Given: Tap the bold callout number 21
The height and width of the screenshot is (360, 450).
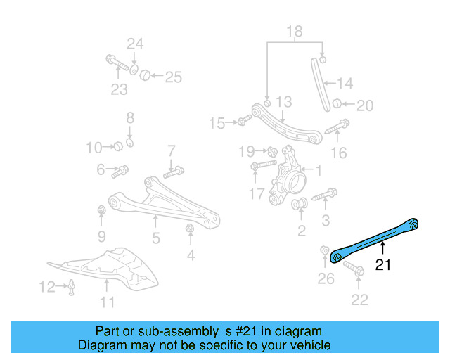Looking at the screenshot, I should (382, 265).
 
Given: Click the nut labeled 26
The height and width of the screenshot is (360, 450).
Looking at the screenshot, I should (325, 251).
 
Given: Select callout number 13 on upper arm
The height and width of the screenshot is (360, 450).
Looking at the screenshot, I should (283, 103).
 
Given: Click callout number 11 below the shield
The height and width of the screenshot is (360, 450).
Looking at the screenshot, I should (107, 302).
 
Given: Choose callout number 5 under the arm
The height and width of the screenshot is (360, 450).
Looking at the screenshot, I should (156, 238).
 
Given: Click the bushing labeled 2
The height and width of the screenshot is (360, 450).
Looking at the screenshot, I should (298, 205).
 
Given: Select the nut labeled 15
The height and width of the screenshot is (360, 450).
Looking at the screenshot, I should (241, 123).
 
